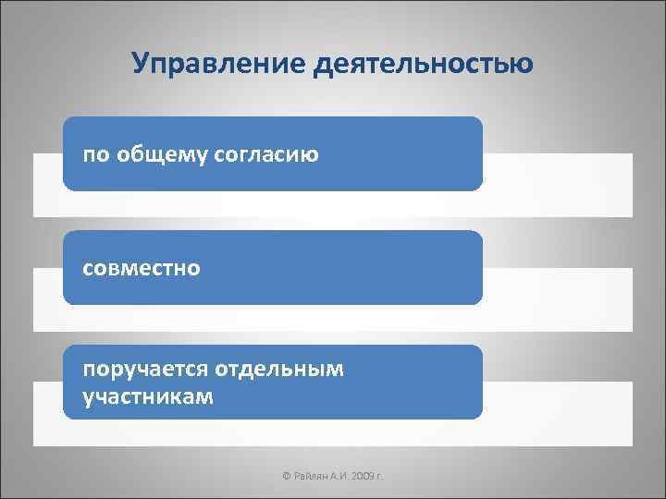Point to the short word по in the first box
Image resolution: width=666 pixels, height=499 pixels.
tap(95, 154)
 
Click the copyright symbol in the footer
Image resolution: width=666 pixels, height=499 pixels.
tap(286, 475)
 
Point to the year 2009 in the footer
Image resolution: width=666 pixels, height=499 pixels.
tap(362, 475)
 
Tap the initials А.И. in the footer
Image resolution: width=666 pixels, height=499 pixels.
tap(338, 475)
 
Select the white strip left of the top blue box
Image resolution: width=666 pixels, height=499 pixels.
tap(48, 185)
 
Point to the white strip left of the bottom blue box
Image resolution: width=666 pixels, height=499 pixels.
tap(48, 414)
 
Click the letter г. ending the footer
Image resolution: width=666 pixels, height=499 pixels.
tap(379, 475)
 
